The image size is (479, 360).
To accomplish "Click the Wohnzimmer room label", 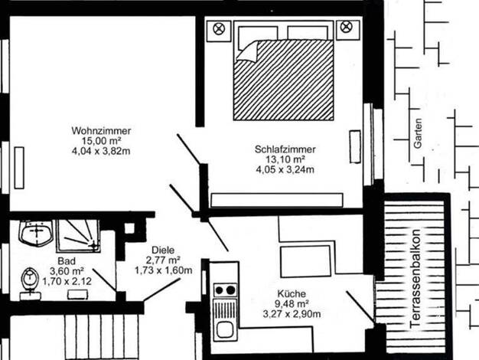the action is pyautogui.click(x=101, y=131).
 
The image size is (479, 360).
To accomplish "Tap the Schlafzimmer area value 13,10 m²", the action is pyautogui.click(x=285, y=159).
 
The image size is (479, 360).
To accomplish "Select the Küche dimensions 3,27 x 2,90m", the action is pyautogui.click(x=292, y=314).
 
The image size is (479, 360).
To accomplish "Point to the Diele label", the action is pyautogui.click(x=163, y=250).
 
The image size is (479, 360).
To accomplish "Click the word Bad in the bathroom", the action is pyautogui.click(x=67, y=261).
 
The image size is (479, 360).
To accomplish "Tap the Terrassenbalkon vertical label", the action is pyautogui.click(x=415, y=278).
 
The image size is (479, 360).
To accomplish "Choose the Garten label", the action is pyautogui.click(x=418, y=133).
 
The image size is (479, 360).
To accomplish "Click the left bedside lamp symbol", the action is pyautogui.click(x=219, y=29).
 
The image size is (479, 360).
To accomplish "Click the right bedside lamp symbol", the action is pyautogui.click(x=346, y=27).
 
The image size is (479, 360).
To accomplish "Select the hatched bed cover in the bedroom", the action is pyautogui.click(x=283, y=80).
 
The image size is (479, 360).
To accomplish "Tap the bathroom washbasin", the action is pyautogui.click(x=36, y=232).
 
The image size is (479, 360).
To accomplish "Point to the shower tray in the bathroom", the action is pyautogui.click(x=79, y=236).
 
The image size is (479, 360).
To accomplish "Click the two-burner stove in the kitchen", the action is pyautogui.click(x=225, y=290).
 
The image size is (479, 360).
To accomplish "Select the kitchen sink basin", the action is pyautogui.click(x=225, y=330).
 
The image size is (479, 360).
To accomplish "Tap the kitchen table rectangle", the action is pyautogui.click(x=305, y=261).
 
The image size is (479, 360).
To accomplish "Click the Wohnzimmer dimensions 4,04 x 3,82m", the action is pyautogui.click(x=101, y=151).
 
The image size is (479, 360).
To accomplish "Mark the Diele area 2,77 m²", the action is pyautogui.click(x=163, y=260).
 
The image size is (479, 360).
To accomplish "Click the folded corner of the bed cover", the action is pyautogui.click(x=248, y=52).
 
